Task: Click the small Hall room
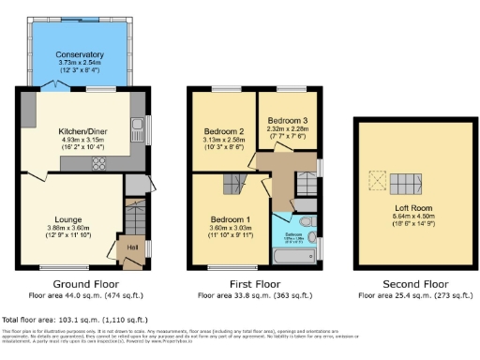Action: coord(132,247)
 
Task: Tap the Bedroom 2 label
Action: coord(222,131)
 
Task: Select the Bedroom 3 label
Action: coord(286,121)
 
